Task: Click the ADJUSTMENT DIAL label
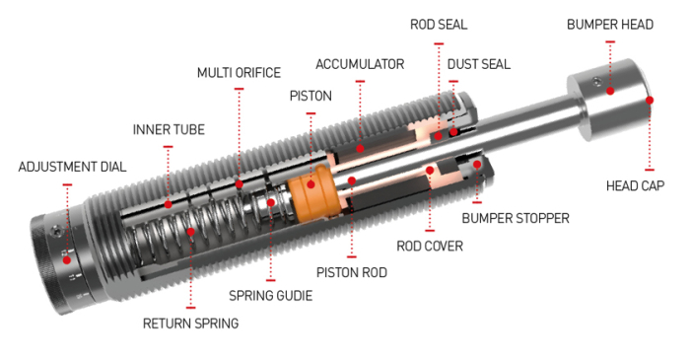tap(72, 167)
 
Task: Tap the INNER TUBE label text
tap(169, 130)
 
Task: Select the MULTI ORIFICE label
tap(239, 73)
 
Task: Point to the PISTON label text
tap(310, 96)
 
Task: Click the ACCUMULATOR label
tap(360, 64)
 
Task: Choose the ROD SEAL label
tap(440, 24)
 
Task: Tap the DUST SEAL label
tap(478, 64)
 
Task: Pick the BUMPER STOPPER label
tap(516, 218)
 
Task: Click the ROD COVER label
tap(430, 246)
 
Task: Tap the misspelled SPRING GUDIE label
tap(269, 295)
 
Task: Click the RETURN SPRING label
tap(190, 323)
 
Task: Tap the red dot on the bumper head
tap(610, 91)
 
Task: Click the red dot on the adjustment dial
tap(67, 258)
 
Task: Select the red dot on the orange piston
tap(311, 181)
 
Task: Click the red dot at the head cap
tap(649, 100)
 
